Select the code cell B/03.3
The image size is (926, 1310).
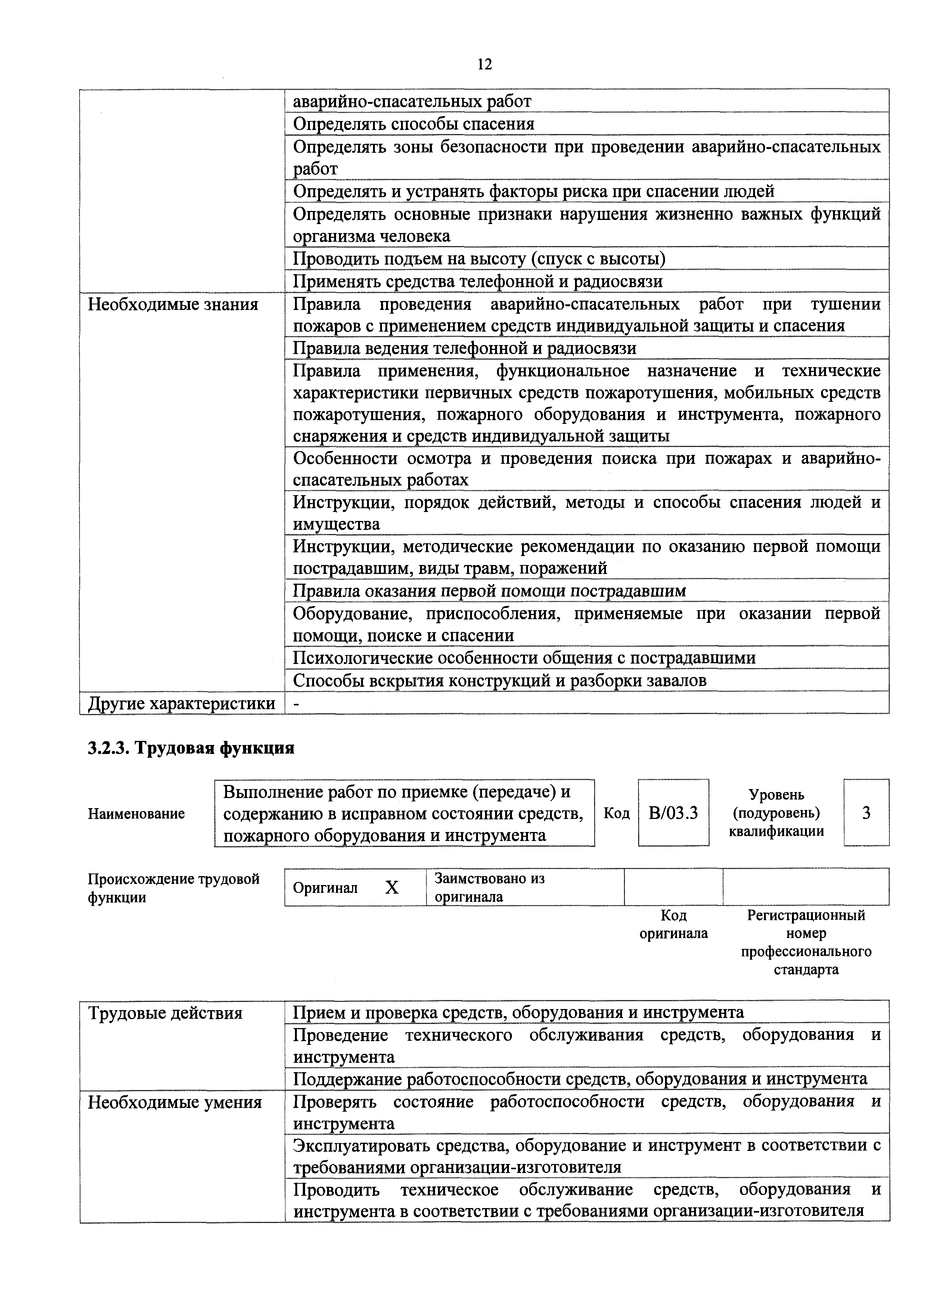673,813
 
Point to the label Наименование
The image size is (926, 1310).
136,814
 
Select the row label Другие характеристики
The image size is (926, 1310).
181,704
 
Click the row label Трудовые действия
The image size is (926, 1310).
165,1013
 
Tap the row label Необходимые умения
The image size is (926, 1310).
175,1102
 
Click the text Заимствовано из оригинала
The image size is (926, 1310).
489,887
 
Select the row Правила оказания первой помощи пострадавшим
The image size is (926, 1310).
489,591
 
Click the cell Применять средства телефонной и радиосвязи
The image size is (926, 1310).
478,281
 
